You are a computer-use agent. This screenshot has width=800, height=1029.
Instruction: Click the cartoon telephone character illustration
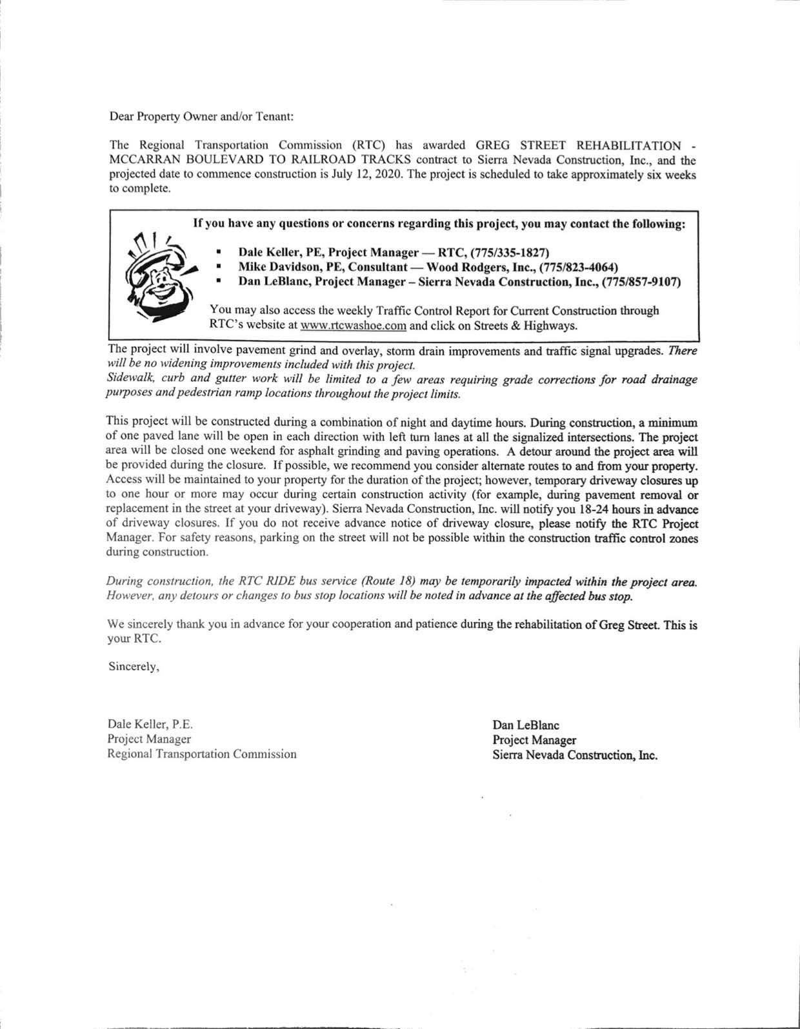point(157,276)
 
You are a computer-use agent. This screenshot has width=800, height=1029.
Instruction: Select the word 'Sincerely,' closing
point(134,666)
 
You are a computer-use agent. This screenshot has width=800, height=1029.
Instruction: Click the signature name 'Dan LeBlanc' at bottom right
point(526,725)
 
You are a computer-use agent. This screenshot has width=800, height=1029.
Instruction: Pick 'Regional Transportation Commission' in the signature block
point(202,754)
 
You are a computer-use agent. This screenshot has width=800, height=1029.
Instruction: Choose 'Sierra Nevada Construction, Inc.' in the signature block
point(575,755)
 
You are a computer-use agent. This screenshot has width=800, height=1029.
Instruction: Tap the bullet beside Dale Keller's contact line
point(219,252)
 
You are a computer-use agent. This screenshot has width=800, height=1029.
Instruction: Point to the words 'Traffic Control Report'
point(410,311)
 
